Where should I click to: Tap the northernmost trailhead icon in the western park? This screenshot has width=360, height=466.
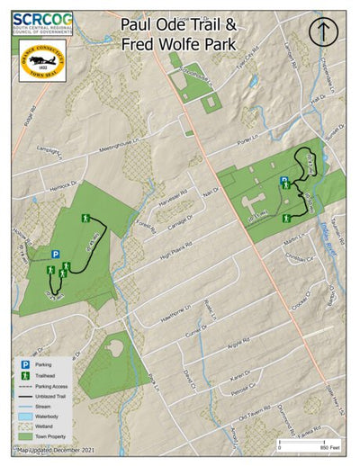(x=86, y=219)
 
